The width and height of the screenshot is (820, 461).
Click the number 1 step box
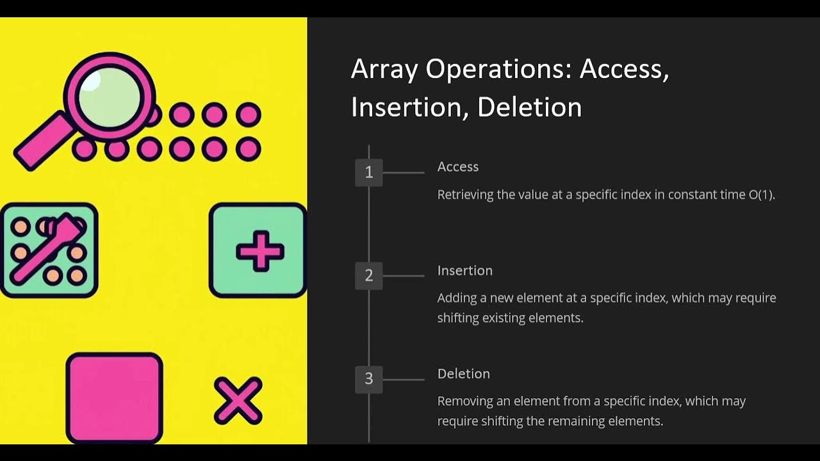point(368,172)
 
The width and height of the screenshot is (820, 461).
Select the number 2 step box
point(368,276)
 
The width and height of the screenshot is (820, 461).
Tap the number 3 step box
point(368,379)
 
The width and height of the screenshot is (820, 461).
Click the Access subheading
point(457,167)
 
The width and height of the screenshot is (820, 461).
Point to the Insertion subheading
point(464,271)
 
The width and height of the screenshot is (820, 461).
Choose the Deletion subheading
point(463,374)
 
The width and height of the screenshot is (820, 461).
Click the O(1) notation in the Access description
point(761,195)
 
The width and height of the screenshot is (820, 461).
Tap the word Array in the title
point(384,69)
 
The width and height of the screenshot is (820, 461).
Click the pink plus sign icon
point(259,250)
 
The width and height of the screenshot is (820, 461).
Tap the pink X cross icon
point(238,401)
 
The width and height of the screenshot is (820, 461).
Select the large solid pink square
point(115,397)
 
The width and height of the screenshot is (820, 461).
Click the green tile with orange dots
point(49,250)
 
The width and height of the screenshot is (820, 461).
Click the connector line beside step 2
point(403,276)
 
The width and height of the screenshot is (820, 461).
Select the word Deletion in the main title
point(529,108)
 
